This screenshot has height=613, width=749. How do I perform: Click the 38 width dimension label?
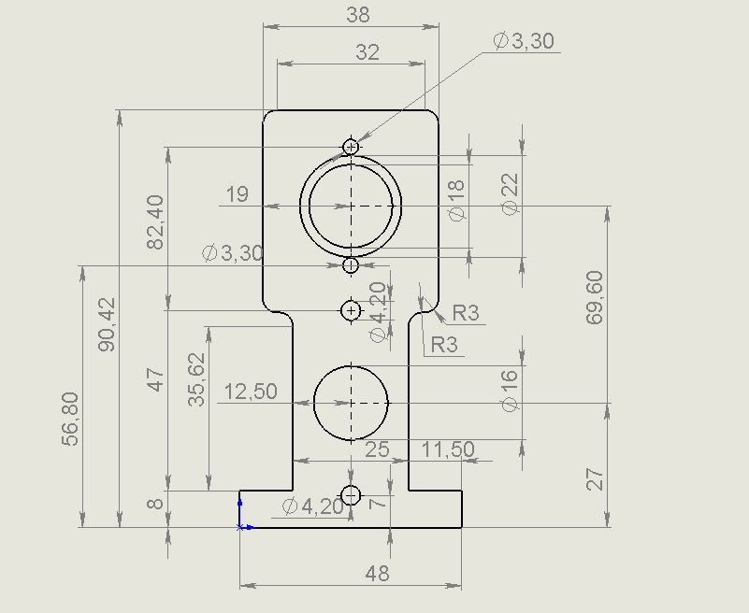pyautogui.click(x=357, y=14)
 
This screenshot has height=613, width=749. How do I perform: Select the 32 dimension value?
pyautogui.click(x=367, y=52)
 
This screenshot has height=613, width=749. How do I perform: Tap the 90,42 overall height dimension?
pyautogui.click(x=107, y=324)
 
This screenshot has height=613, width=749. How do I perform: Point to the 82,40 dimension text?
pyautogui.click(x=155, y=221)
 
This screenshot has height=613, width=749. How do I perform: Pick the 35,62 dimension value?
pyautogui.click(x=195, y=379)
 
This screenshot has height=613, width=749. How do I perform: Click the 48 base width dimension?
pyautogui.click(x=377, y=574)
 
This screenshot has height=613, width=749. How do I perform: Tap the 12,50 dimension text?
pyautogui.click(x=251, y=392)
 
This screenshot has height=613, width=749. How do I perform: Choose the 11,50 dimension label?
pyautogui.click(x=448, y=449)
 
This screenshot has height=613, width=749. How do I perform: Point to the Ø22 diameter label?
pyautogui.click(x=510, y=194)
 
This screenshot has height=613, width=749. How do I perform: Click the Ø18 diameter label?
pyautogui.click(x=456, y=201)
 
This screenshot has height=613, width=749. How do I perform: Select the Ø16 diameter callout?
pyautogui.click(x=510, y=390)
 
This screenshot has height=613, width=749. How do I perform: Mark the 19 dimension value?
pyautogui.click(x=237, y=194)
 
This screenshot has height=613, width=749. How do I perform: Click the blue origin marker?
pyautogui.click(x=240, y=526)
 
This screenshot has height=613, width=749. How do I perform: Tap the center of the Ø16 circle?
pyautogui.click(x=351, y=403)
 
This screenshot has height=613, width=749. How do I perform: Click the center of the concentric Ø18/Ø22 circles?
pyautogui.click(x=351, y=206)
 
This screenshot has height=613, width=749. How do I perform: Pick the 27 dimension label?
pyautogui.click(x=596, y=479)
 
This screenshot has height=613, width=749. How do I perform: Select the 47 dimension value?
pyautogui.click(x=155, y=379)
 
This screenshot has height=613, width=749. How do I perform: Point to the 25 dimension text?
pyautogui.click(x=377, y=449)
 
